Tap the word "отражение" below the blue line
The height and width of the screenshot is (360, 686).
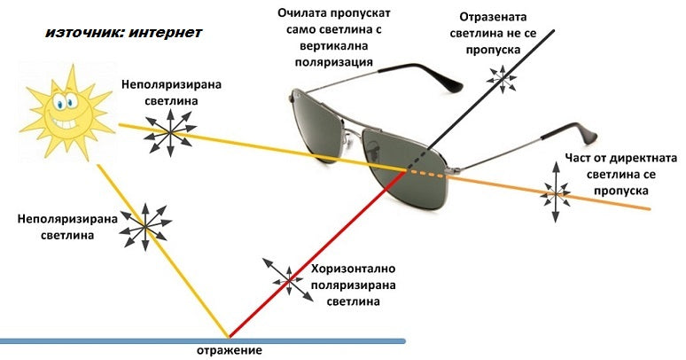point(230,350)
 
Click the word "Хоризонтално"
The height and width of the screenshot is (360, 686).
point(354,269)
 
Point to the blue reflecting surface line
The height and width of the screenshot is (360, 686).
point(203,340)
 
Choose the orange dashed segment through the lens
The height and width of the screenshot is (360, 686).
point(425,174)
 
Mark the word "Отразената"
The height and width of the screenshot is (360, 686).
point(493,17)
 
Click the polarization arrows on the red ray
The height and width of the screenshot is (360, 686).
point(288,280)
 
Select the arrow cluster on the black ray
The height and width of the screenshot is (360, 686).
point(503,79)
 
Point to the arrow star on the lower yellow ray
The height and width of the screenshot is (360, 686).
point(144,226)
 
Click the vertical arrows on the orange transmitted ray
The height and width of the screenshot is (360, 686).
point(556,192)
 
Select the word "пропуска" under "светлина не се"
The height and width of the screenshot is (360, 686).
point(493,50)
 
